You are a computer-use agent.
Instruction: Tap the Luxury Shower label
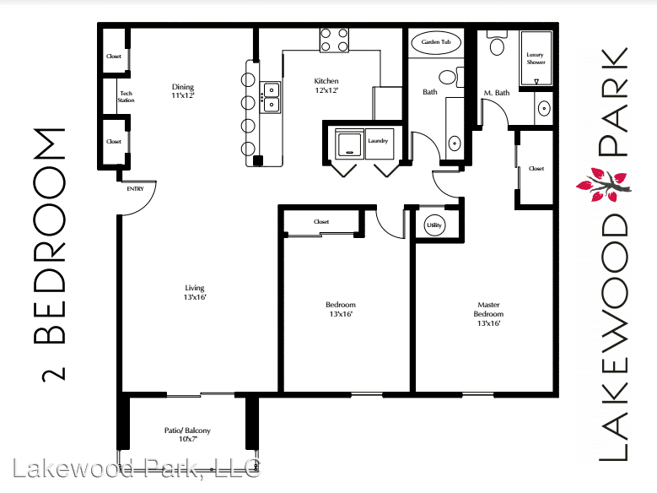tap(536, 58)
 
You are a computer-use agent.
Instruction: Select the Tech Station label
tap(126, 96)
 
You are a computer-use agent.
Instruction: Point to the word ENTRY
tap(135, 188)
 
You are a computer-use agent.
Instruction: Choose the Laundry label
tap(378, 141)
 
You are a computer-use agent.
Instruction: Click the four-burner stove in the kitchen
tap(334, 40)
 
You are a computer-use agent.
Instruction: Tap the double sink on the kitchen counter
tap(271, 97)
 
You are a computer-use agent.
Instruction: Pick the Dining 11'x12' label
tap(183, 90)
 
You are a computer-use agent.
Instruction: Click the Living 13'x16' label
tap(196, 292)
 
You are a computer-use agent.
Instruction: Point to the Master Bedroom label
tap(488, 313)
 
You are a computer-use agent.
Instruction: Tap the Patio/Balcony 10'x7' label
tap(187, 435)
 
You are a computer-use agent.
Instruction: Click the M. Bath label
tap(496, 92)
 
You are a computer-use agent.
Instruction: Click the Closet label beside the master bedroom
tap(536, 169)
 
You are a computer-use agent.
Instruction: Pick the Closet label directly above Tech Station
tap(114, 57)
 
